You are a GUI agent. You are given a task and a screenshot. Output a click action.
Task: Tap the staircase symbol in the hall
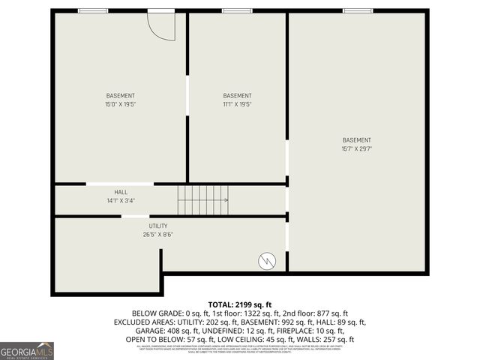pos(202,200)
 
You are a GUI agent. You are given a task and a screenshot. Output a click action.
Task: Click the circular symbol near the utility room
pos(266,261)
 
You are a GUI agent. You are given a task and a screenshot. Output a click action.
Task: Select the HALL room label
pos(121,192)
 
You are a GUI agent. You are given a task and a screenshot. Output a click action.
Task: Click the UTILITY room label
pos(158,226)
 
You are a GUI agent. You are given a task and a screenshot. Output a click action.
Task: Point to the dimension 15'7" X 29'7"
pos(356,148)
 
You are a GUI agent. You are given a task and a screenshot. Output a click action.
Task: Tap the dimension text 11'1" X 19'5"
pos(237,104)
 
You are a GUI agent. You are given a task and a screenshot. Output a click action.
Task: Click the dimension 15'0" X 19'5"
pos(121,104)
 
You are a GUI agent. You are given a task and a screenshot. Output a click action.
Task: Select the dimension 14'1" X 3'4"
pos(121,200)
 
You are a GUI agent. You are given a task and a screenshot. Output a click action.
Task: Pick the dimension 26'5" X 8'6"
pos(158,234)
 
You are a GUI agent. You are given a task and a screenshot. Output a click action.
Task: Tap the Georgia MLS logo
pos(27,350)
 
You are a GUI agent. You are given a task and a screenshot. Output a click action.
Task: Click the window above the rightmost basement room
pos(358,10)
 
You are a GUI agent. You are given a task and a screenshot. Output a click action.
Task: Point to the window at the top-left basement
pos(93,10)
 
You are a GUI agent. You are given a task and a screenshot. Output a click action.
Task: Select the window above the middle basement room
pos(237,10)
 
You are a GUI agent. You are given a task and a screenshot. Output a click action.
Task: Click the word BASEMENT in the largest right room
pos(356,140)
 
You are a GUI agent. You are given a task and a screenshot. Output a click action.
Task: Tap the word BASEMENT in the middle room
pos(237,96)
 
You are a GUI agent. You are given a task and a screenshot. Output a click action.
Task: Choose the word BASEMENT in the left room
pos(121,96)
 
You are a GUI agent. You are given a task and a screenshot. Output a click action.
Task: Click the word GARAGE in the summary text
pos(147,331)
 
